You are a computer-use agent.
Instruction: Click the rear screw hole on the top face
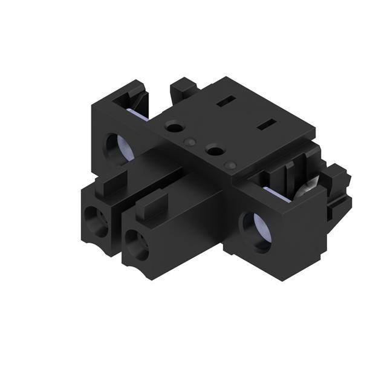(x=175, y=128)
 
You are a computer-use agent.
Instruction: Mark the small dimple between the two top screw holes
(x=190, y=142)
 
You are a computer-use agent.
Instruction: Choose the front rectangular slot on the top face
(x=265, y=126)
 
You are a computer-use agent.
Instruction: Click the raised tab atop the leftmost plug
(x=110, y=181)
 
